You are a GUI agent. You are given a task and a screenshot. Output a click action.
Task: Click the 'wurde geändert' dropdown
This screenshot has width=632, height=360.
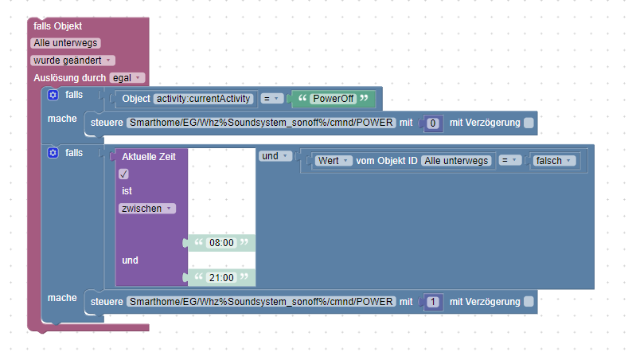click(x=72, y=61)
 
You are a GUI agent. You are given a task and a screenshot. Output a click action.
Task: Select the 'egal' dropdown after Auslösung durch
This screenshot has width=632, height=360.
click(x=127, y=77)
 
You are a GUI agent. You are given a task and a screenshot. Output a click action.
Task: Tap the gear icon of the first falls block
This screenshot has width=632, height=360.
click(x=53, y=95)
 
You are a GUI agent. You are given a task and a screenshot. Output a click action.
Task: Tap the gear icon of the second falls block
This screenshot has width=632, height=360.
click(x=53, y=152)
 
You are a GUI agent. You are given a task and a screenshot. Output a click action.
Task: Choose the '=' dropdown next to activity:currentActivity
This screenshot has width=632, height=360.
click(x=272, y=99)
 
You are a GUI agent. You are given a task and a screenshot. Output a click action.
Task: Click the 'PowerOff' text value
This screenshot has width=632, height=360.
click(x=332, y=99)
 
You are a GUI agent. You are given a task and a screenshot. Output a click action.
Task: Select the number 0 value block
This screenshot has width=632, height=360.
click(x=432, y=123)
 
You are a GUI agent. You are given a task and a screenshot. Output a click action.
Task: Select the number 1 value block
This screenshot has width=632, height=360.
click(x=432, y=302)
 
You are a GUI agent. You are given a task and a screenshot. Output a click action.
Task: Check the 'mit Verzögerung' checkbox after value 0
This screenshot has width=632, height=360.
click(x=529, y=123)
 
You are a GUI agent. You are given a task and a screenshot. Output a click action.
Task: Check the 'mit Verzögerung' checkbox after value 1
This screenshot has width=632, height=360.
click(x=529, y=302)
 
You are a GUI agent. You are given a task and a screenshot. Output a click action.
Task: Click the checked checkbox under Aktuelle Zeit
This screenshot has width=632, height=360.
click(x=123, y=174)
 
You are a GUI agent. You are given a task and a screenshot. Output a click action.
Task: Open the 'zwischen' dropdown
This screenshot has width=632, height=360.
click(x=147, y=208)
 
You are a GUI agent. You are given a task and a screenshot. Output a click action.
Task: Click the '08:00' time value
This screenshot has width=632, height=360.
click(x=220, y=243)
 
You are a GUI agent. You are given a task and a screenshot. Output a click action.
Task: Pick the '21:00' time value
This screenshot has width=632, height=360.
click(x=220, y=277)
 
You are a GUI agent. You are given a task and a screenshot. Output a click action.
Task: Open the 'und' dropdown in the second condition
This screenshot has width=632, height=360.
click(x=274, y=156)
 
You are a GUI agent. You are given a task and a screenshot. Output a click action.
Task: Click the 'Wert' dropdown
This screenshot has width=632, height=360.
click(x=334, y=161)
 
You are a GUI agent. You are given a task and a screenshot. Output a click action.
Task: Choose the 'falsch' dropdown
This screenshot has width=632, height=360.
click(x=554, y=161)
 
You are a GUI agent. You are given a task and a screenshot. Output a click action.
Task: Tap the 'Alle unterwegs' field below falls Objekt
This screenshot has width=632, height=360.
click(x=65, y=43)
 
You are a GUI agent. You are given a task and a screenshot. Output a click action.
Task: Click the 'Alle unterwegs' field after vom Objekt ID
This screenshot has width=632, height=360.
click(x=456, y=161)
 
